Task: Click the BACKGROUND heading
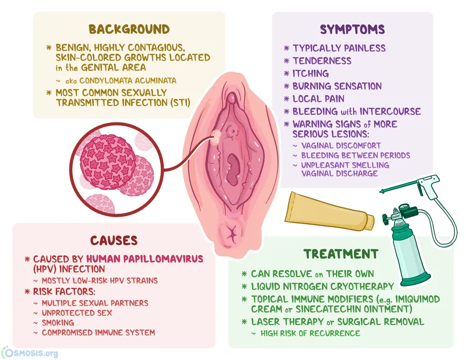coord(129,29)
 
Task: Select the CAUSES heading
coord(113,240)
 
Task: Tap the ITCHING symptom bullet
coord(310,73)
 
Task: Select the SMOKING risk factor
coord(58,322)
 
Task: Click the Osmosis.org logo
coord(30,352)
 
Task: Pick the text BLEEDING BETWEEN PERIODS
coord(355,156)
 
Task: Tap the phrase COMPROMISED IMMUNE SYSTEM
coord(98,333)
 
